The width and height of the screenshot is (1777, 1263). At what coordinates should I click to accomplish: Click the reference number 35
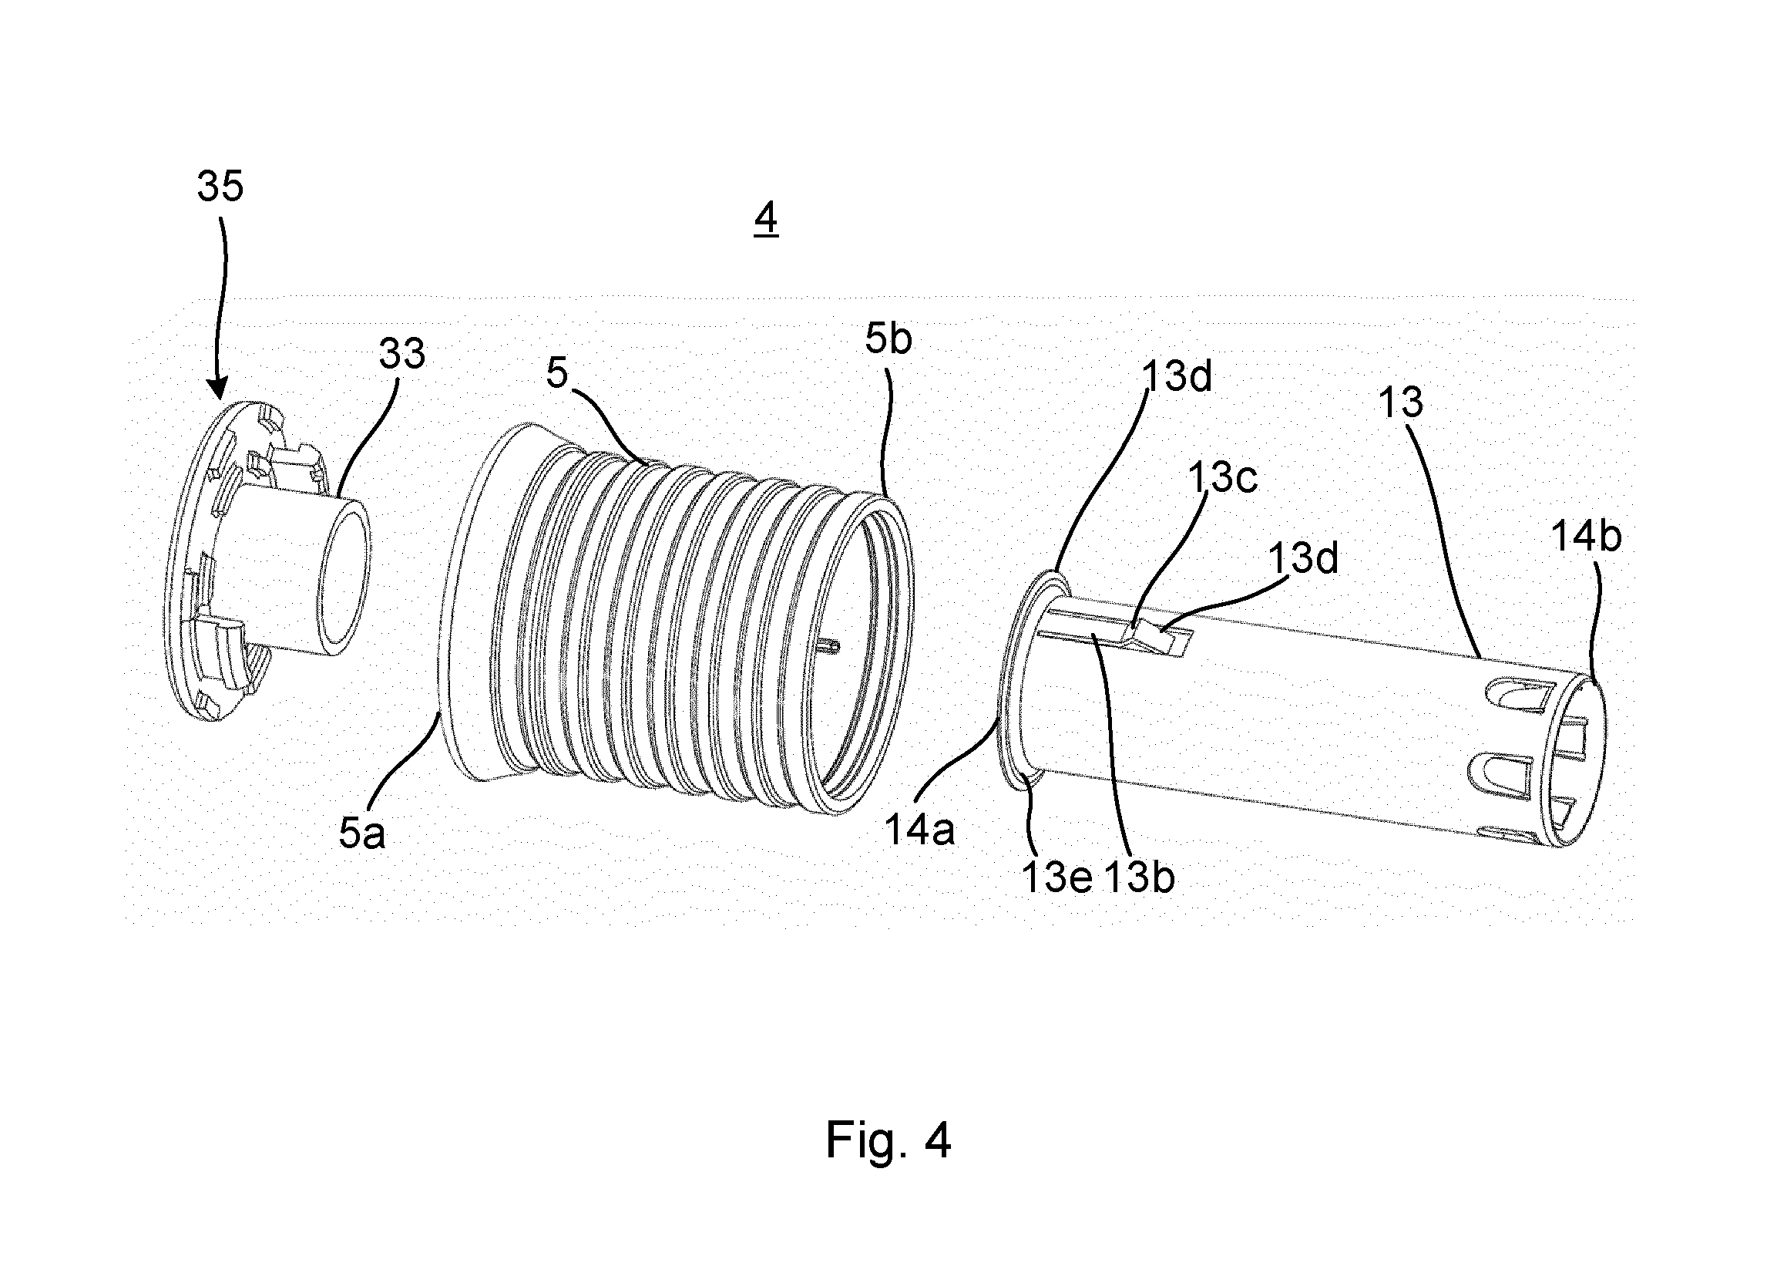(220, 187)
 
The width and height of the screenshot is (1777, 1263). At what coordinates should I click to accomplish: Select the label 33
(402, 355)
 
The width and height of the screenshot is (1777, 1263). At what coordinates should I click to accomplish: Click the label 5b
(888, 338)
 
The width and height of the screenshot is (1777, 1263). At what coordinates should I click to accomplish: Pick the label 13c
(1222, 477)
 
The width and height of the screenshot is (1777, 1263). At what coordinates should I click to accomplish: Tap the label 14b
(1587, 537)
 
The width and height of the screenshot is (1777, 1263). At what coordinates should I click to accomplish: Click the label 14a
(920, 830)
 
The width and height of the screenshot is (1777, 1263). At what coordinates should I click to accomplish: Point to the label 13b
(1139, 877)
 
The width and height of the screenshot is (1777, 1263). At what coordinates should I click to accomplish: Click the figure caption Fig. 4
(888, 1141)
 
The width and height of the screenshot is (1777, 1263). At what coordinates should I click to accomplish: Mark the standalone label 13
(1401, 402)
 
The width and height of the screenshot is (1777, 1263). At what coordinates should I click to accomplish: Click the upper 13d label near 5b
(1177, 377)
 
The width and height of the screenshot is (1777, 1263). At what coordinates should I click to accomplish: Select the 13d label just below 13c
(1304, 558)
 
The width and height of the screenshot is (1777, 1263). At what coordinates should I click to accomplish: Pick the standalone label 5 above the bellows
(557, 373)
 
